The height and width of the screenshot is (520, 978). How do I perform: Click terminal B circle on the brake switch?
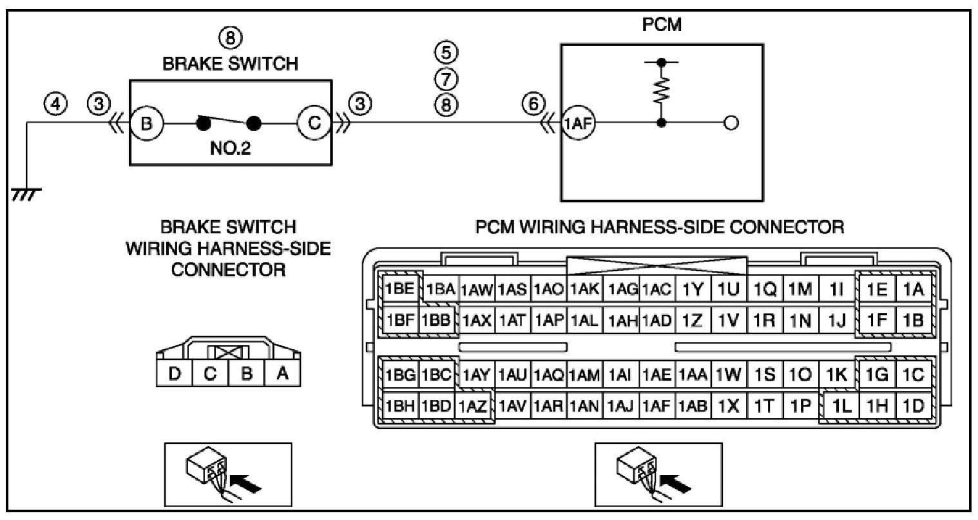tap(147, 123)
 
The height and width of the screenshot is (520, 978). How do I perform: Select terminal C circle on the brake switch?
tap(314, 123)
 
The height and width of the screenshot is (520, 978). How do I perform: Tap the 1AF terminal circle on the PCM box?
tap(578, 123)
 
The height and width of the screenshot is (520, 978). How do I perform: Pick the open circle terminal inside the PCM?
tap(731, 123)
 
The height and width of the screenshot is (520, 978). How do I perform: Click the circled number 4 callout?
tap(55, 104)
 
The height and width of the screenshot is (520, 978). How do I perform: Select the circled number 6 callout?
tap(533, 104)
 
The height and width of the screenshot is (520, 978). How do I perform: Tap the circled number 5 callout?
tap(446, 52)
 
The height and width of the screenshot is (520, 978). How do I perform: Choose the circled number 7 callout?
tap(446, 79)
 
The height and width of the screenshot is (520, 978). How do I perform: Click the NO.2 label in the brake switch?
tap(230, 148)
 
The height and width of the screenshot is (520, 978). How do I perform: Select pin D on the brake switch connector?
tap(174, 374)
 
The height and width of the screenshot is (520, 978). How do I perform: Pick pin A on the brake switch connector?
tap(282, 374)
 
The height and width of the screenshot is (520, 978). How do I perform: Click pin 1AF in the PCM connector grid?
tap(657, 406)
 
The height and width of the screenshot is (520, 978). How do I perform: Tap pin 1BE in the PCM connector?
tap(399, 288)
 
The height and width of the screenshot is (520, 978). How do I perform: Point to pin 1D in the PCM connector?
tap(913, 406)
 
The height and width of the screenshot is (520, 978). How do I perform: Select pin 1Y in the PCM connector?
tap(693, 288)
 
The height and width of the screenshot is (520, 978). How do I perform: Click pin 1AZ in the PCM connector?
tap(473, 406)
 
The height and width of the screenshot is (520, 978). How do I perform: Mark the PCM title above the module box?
tap(662, 25)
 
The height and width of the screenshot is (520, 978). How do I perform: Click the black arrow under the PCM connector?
tap(675, 484)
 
